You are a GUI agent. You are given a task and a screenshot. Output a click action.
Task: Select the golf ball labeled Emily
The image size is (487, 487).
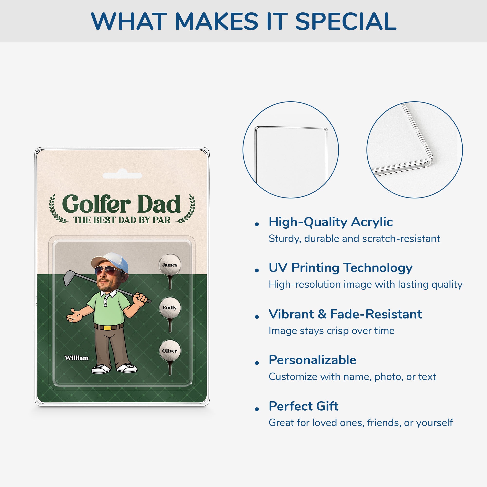click(x=170, y=308)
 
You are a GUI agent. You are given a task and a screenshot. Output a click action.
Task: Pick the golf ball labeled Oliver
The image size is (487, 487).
click(x=170, y=351)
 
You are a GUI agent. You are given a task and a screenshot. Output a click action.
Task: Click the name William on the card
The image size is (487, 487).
click(x=77, y=358)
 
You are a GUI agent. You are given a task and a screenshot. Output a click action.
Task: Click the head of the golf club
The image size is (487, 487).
click(x=69, y=278)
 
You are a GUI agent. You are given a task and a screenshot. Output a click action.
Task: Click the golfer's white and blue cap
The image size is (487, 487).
click(x=111, y=261)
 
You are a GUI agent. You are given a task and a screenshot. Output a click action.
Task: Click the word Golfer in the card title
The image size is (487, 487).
click(x=96, y=204)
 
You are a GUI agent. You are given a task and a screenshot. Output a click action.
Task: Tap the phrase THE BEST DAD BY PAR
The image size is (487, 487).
click(x=122, y=220)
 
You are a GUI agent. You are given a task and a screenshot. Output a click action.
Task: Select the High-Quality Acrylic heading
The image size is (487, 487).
click(x=330, y=222)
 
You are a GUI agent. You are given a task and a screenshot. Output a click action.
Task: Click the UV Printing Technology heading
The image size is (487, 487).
click(x=340, y=268)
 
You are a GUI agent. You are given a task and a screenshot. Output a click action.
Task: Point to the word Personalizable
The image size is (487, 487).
click(x=312, y=360)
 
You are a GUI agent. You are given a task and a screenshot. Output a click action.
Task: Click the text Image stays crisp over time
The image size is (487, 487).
click(x=331, y=331)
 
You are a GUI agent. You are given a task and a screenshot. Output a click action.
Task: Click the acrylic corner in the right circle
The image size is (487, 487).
click(x=429, y=161)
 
